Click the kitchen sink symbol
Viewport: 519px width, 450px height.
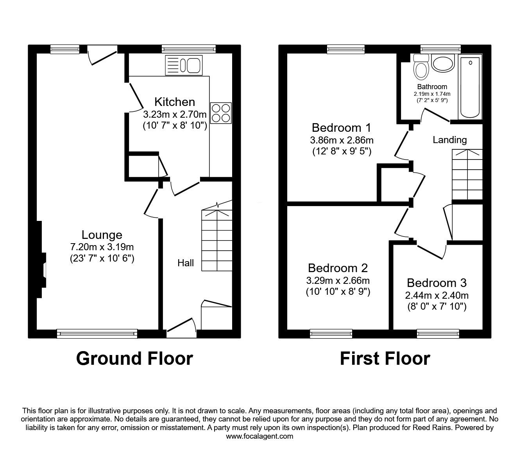click(x=184, y=65)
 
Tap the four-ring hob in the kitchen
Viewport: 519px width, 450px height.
click(x=221, y=113)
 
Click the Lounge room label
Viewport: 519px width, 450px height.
click(x=102, y=235)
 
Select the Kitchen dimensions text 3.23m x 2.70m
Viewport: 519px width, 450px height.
click(x=174, y=115)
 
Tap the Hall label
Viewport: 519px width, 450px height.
click(x=186, y=263)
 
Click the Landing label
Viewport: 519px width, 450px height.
click(x=449, y=140)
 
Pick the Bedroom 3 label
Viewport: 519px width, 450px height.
click(x=437, y=283)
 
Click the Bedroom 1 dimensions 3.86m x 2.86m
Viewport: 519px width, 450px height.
click(x=342, y=140)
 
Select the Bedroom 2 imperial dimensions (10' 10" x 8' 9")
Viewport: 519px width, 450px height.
click(x=338, y=292)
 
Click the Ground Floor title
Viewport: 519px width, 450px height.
click(x=134, y=358)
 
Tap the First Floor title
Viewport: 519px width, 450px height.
click(x=385, y=358)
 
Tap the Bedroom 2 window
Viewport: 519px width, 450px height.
click(x=331, y=333)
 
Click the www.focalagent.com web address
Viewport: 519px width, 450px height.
click(x=259, y=436)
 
